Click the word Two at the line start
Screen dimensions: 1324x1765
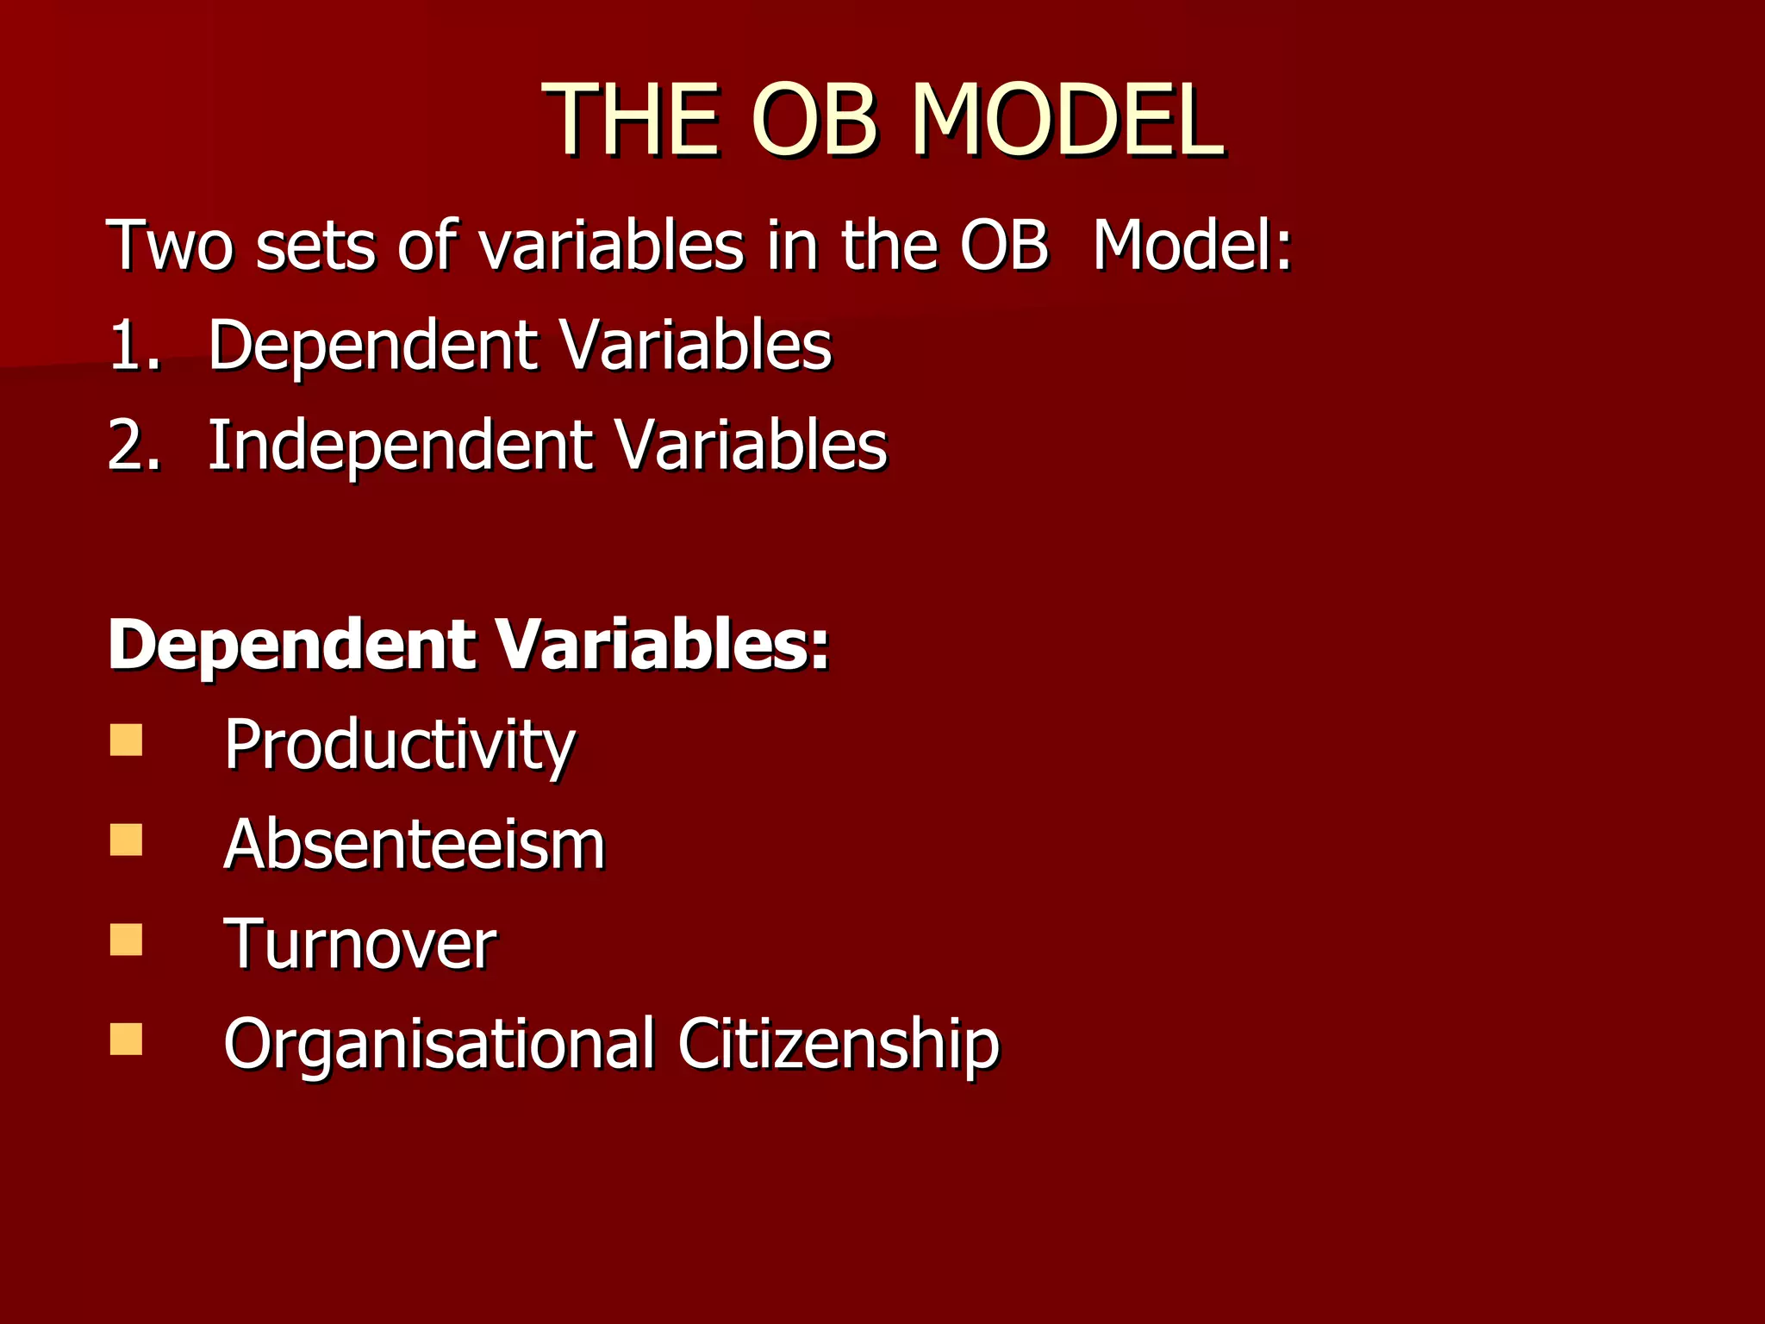point(170,246)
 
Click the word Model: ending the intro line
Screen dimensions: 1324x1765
point(1192,246)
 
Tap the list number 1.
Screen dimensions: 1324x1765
point(134,347)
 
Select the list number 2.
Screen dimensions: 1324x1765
point(134,447)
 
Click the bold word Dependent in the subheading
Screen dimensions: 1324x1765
point(291,645)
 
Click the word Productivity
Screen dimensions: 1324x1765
point(399,746)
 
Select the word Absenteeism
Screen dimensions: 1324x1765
point(414,845)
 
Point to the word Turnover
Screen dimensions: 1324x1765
point(359,945)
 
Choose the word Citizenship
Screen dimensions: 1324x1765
point(838,1045)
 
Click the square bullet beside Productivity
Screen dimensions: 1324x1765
point(126,740)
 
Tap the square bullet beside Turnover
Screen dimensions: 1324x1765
point(126,940)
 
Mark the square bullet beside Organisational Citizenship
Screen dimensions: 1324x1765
point(126,1040)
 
